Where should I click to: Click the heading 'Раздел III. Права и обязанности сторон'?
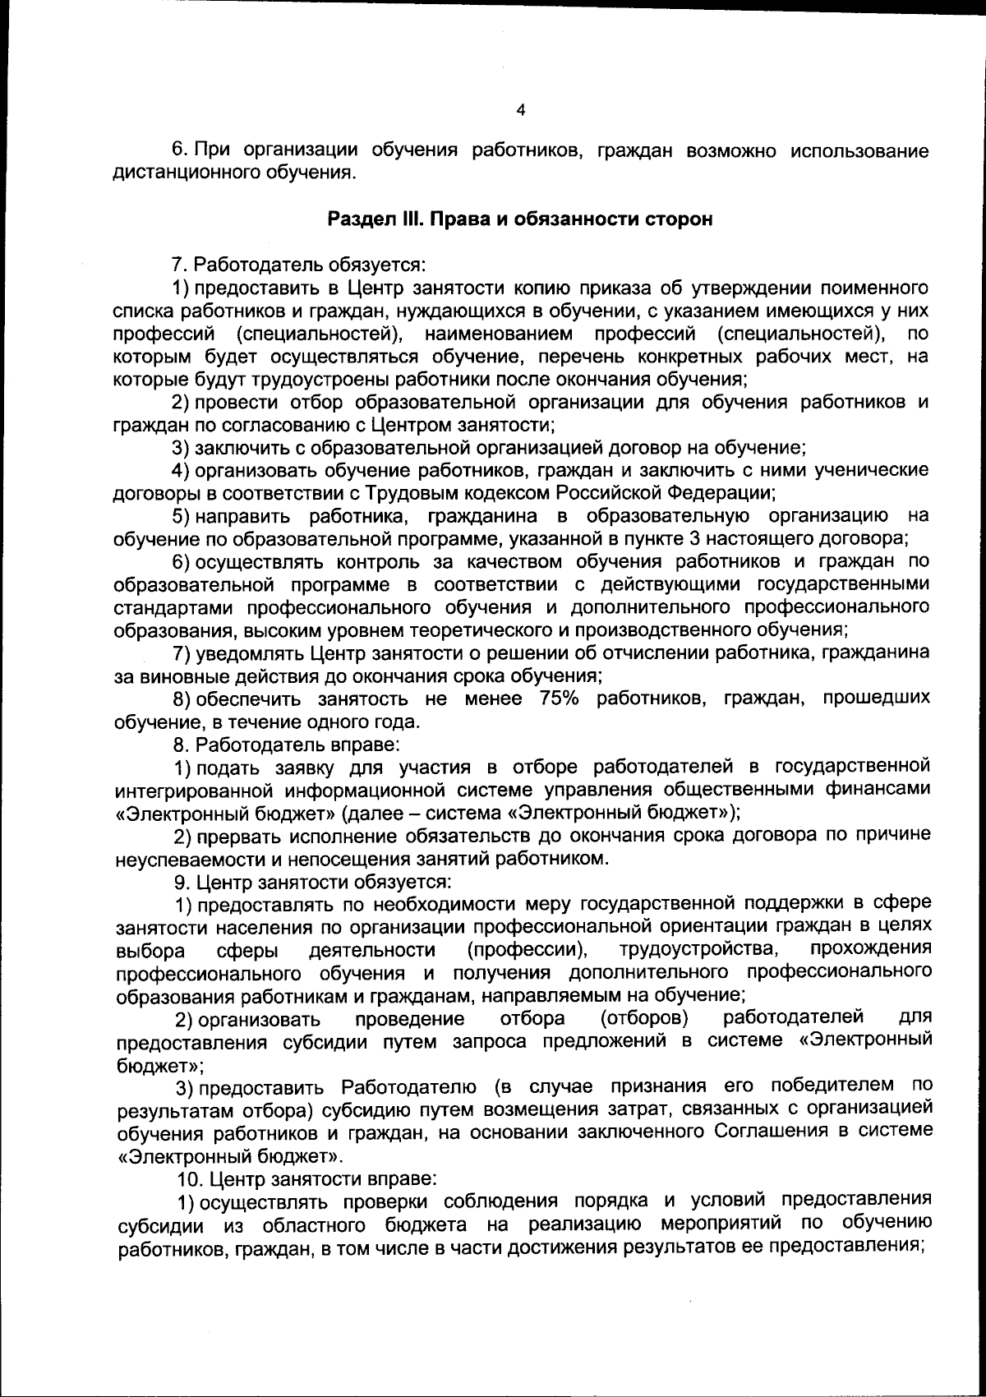pyautogui.click(x=519, y=220)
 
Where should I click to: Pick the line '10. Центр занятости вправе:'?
pyautogui.click(x=308, y=1178)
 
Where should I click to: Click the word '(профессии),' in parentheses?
pyautogui.click(x=527, y=950)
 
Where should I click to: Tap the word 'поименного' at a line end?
pyautogui.click(x=874, y=288)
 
